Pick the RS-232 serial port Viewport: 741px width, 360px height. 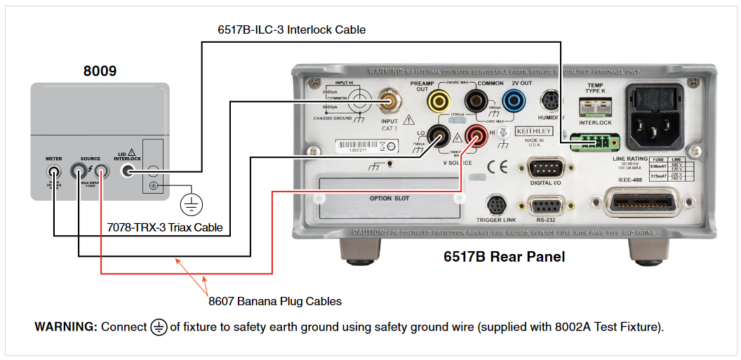545,206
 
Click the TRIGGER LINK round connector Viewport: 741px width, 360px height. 497,206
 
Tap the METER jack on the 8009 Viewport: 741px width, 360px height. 53,171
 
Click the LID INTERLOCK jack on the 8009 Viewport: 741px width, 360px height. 128,171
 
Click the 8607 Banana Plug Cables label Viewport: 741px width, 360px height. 274,301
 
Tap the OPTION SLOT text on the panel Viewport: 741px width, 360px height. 389,199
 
